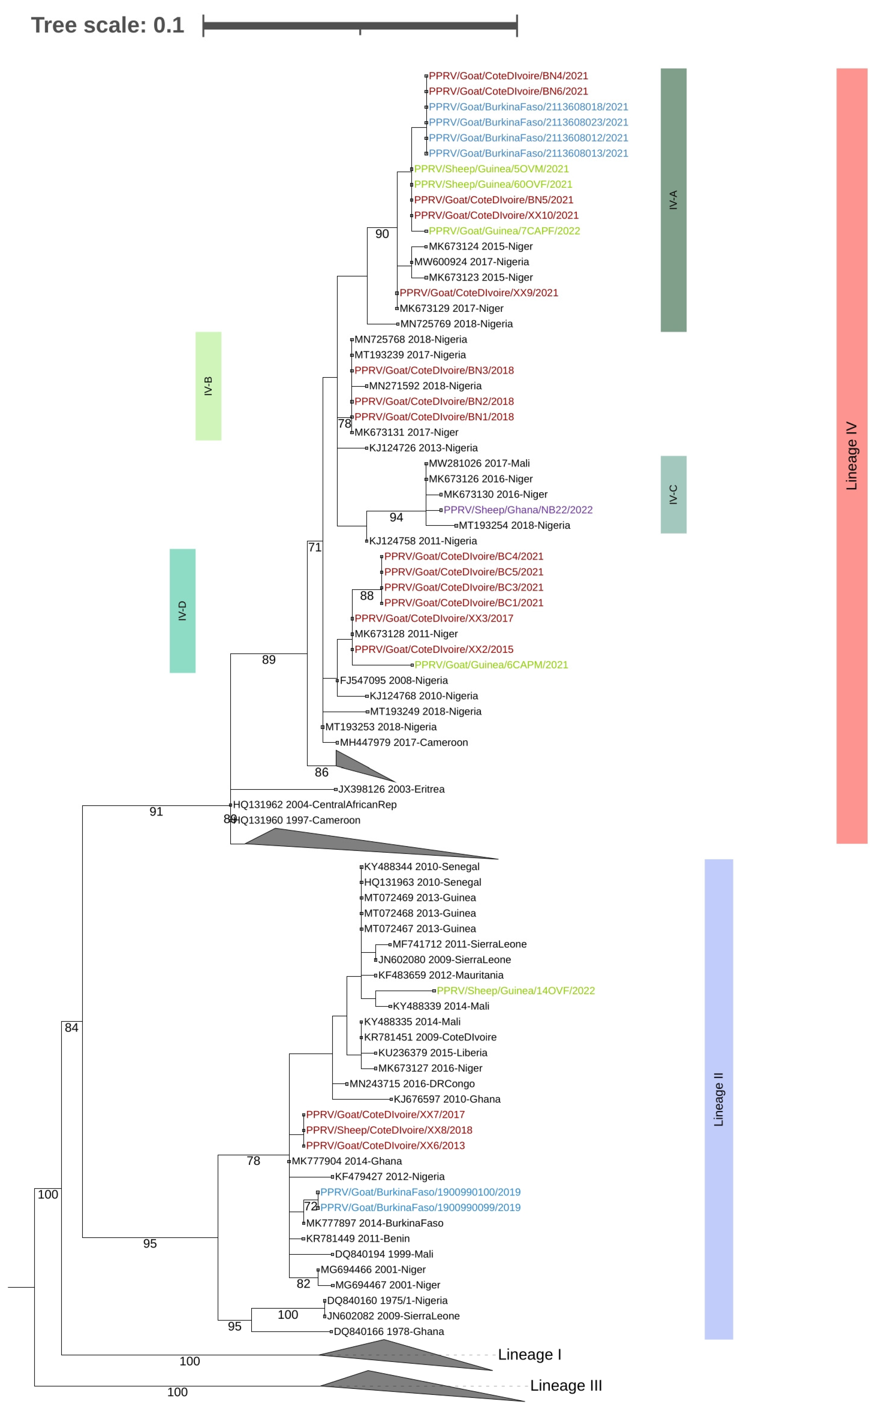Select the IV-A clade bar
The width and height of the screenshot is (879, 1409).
[x=673, y=200]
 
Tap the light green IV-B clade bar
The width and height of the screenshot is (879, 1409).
[x=208, y=386]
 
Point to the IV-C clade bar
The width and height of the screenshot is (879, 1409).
[x=673, y=495]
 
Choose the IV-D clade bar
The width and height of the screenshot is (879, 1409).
[x=183, y=611]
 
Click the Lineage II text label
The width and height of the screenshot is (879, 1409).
[x=718, y=1099]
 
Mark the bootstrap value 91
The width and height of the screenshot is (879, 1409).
[x=156, y=812]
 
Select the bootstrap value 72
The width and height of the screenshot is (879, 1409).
[x=310, y=1207]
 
